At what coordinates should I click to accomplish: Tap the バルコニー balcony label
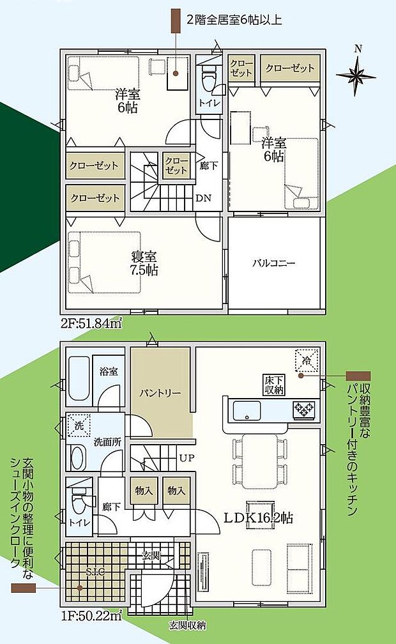[273, 263]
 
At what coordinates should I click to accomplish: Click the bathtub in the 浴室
[79, 379]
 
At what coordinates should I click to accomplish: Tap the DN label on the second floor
[203, 198]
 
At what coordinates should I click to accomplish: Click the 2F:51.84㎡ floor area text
[93, 324]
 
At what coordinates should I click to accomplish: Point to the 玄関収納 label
[187, 625]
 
